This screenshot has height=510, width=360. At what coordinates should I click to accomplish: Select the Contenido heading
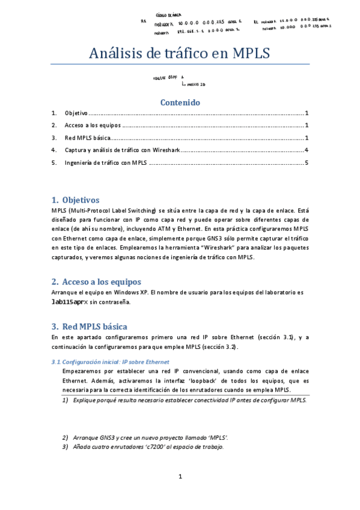(180, 102)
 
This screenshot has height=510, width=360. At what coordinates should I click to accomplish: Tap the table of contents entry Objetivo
(76, 113)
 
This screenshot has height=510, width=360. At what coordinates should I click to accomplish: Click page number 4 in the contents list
(307, 150)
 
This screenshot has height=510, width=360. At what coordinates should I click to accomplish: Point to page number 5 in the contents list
(307, 162)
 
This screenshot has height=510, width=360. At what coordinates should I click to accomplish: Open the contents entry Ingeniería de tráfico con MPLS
(106, 162)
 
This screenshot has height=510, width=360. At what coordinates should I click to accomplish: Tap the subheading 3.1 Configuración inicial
(111, 362)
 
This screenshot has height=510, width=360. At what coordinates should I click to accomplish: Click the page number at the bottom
(180, 477)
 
